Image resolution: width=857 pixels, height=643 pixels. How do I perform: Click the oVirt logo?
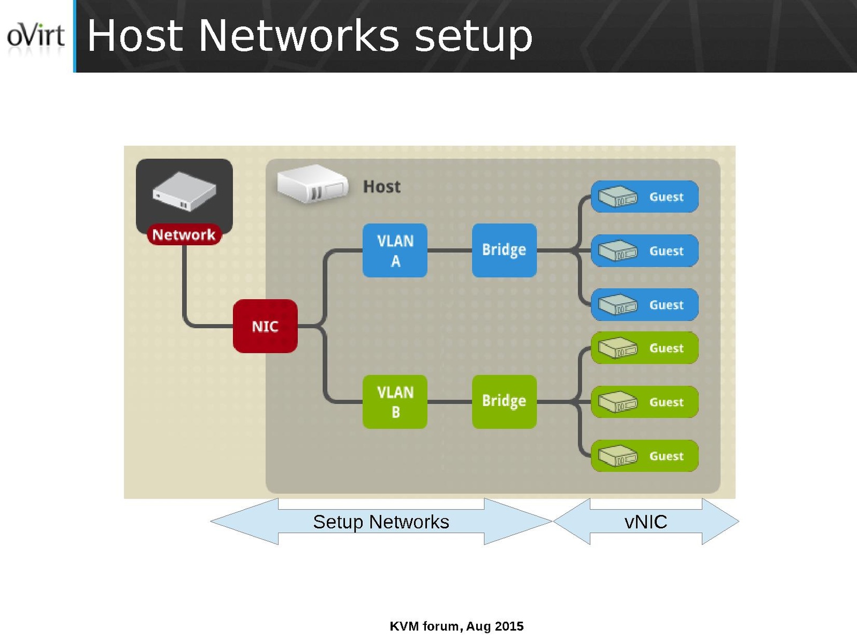point(35,35)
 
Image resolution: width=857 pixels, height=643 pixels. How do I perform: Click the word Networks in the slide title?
point(299,36)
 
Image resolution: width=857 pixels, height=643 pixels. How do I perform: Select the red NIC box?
point(265,326)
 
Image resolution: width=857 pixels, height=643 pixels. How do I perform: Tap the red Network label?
point(184,234)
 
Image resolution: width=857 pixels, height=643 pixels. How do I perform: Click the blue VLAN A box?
point(395,251)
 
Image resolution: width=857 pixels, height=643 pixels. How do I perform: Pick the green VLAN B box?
point(395,402)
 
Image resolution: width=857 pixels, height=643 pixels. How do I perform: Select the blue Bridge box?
point(504,250)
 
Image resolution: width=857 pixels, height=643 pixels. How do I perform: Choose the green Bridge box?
point(504,401)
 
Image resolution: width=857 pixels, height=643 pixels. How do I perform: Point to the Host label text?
point(381,187)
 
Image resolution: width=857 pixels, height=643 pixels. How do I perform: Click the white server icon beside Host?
point(312,184)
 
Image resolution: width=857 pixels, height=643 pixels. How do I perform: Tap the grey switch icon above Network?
point(184,191)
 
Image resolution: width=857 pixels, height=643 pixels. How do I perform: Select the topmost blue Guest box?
point(644,196)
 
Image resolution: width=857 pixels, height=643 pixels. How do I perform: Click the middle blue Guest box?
point(644,251)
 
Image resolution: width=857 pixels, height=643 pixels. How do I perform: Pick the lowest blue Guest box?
point(644,305)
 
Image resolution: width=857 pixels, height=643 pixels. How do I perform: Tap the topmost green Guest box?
point(644,348)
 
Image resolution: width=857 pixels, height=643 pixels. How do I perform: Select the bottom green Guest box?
point(644,456)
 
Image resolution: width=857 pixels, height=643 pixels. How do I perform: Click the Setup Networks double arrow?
point(381,521)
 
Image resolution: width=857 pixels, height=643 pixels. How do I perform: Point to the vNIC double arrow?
point(646,521)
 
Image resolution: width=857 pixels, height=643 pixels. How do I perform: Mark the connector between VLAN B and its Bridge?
point(449,402)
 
